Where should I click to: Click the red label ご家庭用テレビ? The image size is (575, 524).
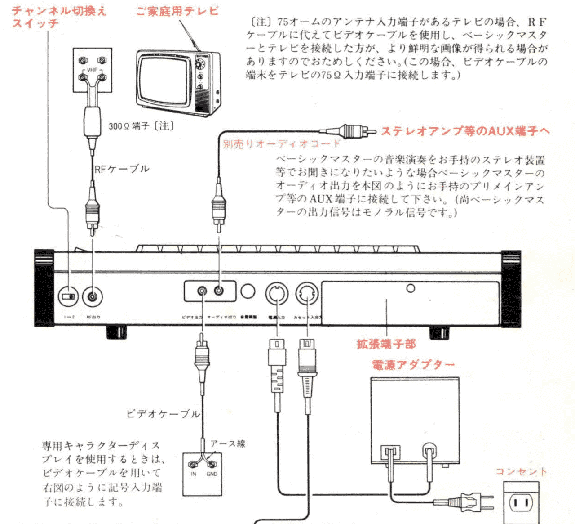click(177, 11)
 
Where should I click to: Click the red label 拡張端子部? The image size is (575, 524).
click(386, 344)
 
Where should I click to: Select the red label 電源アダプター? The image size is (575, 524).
click(413, 365)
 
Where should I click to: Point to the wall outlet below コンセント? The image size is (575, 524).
click(521, 502)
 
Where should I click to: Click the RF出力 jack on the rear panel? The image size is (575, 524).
click(93, 297)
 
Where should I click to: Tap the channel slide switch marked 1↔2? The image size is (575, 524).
click(69, 297)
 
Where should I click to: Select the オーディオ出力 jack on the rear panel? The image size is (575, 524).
click(219, 291)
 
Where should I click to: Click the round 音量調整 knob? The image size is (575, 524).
click(248, 291)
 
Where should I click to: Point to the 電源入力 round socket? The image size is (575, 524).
click(277, 294)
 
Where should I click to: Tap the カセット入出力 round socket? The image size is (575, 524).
click(307, 294)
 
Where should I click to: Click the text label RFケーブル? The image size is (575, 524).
click(122, 169)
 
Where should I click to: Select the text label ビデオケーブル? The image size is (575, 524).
click(163, 414)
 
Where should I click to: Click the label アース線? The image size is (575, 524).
click(228, 444)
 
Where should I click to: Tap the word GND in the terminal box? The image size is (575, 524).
click(212, 474)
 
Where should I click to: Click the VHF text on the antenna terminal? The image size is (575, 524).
click(92, 70)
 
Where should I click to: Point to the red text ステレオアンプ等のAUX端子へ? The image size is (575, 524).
click(465, 131)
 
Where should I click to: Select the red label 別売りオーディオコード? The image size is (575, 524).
click(282, 144)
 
